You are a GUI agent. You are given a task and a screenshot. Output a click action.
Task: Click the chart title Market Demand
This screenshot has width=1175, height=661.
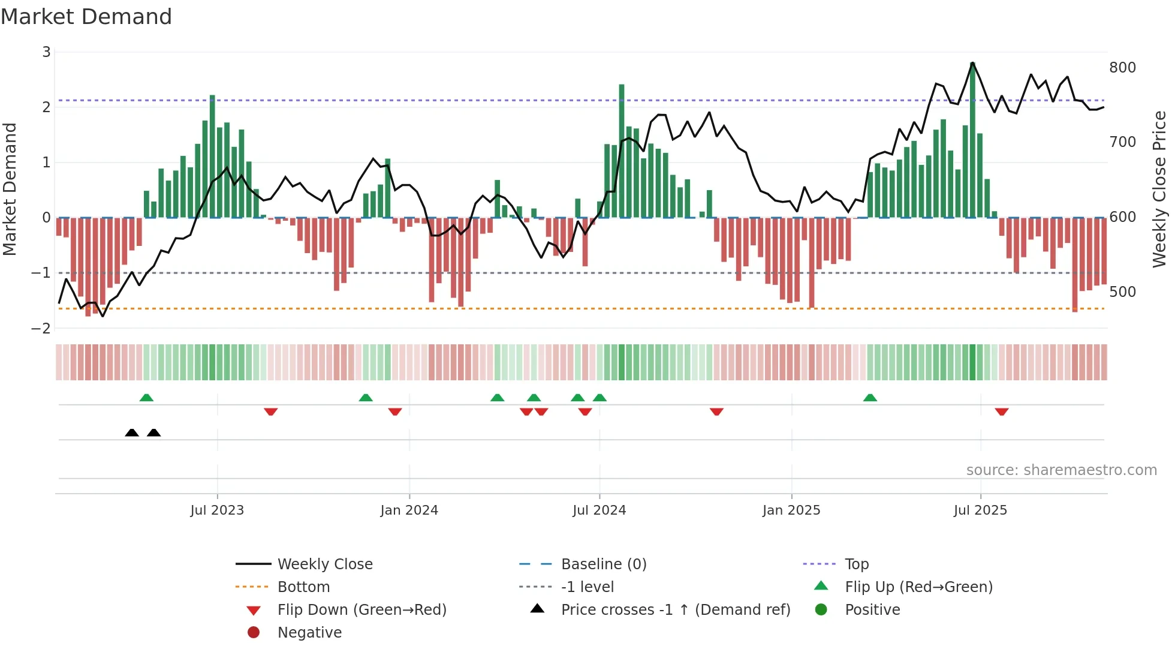(x=86, y=17)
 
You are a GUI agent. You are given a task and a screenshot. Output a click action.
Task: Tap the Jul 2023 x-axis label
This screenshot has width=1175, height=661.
(x=217, y=510)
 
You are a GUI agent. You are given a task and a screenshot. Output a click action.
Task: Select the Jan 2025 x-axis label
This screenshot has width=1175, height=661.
(x=791, y=510)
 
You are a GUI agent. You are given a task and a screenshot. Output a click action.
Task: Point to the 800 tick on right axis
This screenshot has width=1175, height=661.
(x=1122, y=68)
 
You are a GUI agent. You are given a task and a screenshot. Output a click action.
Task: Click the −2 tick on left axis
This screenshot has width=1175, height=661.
(x=41, y=329)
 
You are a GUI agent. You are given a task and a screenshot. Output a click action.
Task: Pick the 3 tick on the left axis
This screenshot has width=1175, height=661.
(x=46, y=52)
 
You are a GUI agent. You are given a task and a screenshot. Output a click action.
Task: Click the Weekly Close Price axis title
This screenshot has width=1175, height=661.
(x=1159, y=189)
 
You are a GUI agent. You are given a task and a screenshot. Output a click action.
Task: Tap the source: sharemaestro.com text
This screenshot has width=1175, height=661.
(x=1061, y=470)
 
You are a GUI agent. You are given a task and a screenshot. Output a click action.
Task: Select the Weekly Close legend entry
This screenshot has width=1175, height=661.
(x=324, y=564)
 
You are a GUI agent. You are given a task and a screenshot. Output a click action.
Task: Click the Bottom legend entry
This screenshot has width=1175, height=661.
(x=303, y=587)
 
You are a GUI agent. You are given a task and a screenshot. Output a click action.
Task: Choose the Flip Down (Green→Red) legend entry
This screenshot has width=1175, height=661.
(x=361, y=610)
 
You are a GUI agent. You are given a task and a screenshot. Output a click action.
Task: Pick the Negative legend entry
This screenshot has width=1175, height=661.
(x=309, y=633)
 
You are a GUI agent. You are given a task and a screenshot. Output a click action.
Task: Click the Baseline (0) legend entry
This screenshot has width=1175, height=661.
(x=603, y=564)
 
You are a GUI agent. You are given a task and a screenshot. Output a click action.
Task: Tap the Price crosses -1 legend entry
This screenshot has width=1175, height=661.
(x=675, y=610)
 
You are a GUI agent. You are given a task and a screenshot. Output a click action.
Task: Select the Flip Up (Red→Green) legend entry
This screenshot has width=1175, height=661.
(x=918, y=587)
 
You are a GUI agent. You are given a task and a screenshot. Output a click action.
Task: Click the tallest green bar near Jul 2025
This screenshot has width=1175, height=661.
(x=972, y=141)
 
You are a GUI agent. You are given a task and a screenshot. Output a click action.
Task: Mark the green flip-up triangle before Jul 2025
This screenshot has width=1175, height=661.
(x=870, y=398)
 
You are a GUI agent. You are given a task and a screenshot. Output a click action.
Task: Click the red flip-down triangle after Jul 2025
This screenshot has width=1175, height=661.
(x=1002, y=411)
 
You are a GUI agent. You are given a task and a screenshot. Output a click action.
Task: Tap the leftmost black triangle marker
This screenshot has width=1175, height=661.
(x=132, y=432)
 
